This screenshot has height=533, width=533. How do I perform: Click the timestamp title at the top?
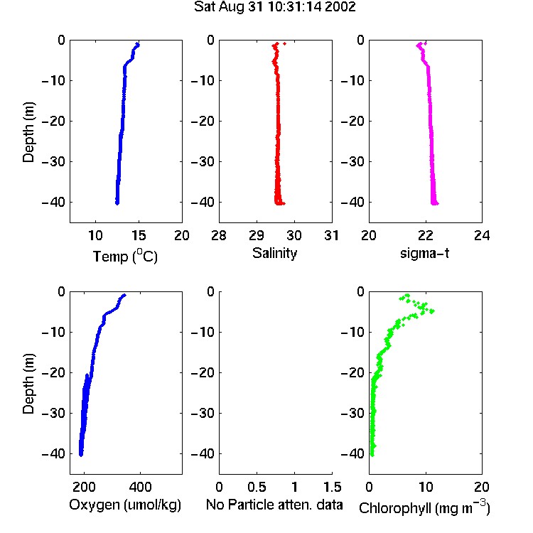[x=274, y=7]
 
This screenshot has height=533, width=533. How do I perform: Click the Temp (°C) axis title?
[x=125, y=256]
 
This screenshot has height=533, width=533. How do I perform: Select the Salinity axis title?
[x=274, y=253]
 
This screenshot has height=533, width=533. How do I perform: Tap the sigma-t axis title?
[x=424, y=253]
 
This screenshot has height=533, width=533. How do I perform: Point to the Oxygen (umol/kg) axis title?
[x=125, y=505]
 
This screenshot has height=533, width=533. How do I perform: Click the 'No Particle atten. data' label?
[x=274, y=505]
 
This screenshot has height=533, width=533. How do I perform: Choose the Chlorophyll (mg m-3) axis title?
[x=424, y=507]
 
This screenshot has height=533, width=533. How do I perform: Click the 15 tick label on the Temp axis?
[x=139, y=235]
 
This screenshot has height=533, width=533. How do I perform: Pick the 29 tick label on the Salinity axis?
[x=257, y=235]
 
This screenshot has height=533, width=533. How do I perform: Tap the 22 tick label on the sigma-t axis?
[x=425, y=235]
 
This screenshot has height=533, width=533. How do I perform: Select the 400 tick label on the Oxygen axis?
[x=140, y=487]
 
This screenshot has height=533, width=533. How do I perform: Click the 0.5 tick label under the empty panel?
[x=257, y=487]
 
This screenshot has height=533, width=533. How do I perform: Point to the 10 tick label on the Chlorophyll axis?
[x=425, y=487]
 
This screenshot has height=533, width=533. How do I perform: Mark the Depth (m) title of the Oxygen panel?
[x=28, y=384]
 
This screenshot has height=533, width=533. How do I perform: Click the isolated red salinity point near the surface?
[x=284, y=43]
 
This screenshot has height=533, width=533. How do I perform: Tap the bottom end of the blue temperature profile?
[x=117, y=203]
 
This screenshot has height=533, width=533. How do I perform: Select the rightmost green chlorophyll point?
[x=432, y=311]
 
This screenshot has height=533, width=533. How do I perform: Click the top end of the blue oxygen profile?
[x=124, y=295]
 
